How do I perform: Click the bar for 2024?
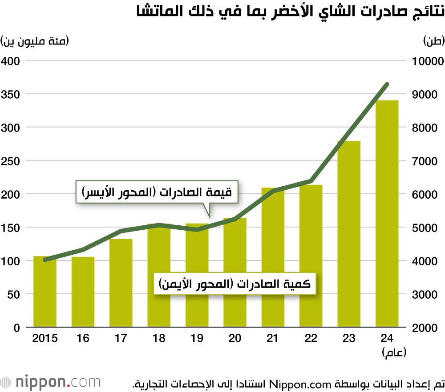pos(387,213)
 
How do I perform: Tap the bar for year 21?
pos(273,258)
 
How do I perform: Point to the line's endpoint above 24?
pos(387,84)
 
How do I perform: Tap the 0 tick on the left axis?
pos(16,328)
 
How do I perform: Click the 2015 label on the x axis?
pos(45,339)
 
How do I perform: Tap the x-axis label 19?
pos(197,339)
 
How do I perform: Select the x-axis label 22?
pos(311,339)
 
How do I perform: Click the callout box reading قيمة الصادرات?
pos(157,192)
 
